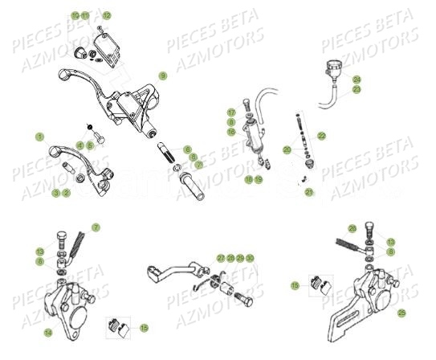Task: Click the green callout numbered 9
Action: tap(162, 76)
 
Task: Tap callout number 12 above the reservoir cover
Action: tap(107, 15)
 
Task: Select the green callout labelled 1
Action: tap(39, 137)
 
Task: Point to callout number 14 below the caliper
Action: tap(48, 332)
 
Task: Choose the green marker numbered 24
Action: tap(357, 80)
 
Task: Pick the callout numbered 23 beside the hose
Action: tap(357, 90)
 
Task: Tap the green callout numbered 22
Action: tap(321, 135)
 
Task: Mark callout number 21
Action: tap(308, 192)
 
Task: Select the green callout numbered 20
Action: tap(287, 150)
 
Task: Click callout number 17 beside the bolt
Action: tap(230, 112)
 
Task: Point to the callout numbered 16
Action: tap(230, 131)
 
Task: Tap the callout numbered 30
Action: tap(250, 258)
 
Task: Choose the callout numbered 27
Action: tap(221, 258)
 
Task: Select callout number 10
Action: tap(75, 15)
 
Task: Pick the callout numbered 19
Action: tap(259, 179)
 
